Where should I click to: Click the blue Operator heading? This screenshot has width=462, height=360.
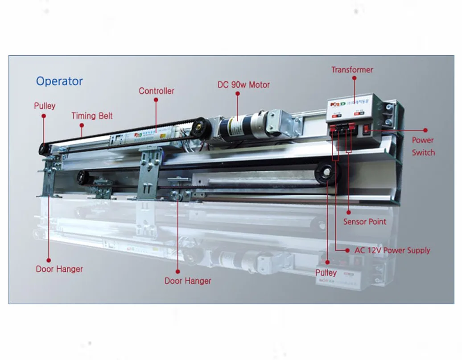(59, 81)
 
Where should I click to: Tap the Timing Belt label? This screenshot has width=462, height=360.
(92, 116)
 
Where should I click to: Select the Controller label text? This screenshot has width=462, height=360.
(156, 91)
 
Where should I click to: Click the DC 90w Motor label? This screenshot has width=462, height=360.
(243, 84)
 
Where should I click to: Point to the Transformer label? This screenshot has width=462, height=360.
(352, 70)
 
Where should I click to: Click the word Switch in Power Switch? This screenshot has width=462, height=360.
(423, 152)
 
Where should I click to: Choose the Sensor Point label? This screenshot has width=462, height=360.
(364, 221)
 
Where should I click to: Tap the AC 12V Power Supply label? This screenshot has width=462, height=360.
(392, 250)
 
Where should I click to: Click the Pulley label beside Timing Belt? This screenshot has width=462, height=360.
(45, 106)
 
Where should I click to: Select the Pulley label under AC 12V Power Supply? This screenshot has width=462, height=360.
(326, 273)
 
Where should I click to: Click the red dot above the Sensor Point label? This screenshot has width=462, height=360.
(348, 211)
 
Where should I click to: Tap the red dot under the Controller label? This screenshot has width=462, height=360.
(156, 100)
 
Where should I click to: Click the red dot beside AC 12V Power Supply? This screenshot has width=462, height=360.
(347, 250)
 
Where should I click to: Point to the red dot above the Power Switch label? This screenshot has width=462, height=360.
(425, 130)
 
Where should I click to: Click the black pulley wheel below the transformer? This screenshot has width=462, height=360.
(328, 174)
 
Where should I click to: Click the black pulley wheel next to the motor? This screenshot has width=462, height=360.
(201, 128)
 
